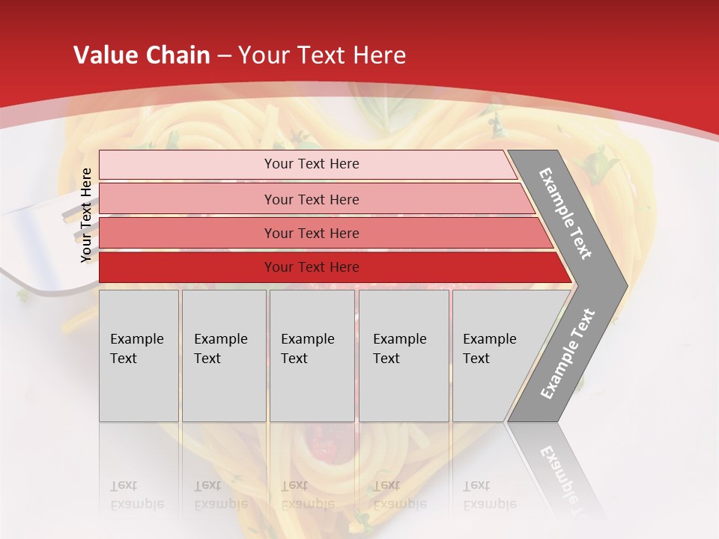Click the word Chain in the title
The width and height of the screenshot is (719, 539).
tap(178, 55)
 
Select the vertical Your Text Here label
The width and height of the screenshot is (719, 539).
tap(86, 215)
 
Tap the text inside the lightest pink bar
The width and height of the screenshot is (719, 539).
tap(312, 164)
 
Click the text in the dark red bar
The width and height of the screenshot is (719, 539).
tap(312, 267)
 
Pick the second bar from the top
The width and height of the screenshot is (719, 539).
tap(312, 199)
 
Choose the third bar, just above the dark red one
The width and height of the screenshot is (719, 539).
tap(312, 233)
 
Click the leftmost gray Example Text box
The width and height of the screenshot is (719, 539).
tap(139, 356)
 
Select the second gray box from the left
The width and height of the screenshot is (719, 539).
tap(223, 356)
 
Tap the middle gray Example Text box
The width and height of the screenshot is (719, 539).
tap(312, 356)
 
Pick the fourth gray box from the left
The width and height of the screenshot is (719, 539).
tap(404, 356)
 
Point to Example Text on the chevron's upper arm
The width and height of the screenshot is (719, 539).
tap(565, 213)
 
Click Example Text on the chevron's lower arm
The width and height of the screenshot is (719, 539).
tap(568, 354)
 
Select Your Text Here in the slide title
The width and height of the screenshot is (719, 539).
tap(322, 55)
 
